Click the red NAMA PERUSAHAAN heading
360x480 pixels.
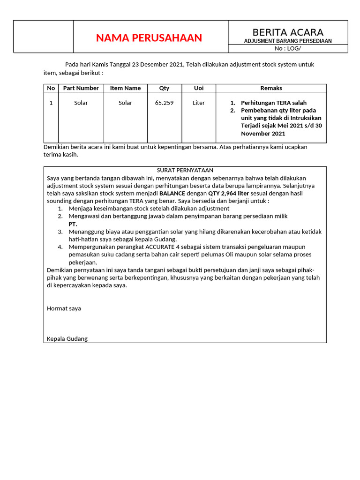[x=149, y=38]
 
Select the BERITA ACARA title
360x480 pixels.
[x=288, y=32]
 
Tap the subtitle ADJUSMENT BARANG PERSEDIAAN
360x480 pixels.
[x=288, y=41]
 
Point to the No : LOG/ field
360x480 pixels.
[x=288, y=48]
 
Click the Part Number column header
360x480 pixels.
[x=81, y=88]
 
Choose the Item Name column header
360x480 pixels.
[x=125, y=88]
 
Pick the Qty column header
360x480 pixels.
[x=164, y=88]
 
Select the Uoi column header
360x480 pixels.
[x=199, y=88]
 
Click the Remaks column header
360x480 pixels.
[x=271, y=88]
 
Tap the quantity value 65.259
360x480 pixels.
[x=164, y=103]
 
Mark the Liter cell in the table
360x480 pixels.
[x=199, y=103]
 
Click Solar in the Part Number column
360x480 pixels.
[x=81, y=103]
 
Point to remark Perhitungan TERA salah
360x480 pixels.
[x=273, y=103]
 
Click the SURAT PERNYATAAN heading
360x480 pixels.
[x=185, y=170]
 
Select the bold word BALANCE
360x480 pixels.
[x=172, y=193]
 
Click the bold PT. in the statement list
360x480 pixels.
[x=73, y=224]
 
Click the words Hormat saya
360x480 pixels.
[x=64, y=308]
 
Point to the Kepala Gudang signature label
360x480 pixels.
[x=67, y=339]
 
